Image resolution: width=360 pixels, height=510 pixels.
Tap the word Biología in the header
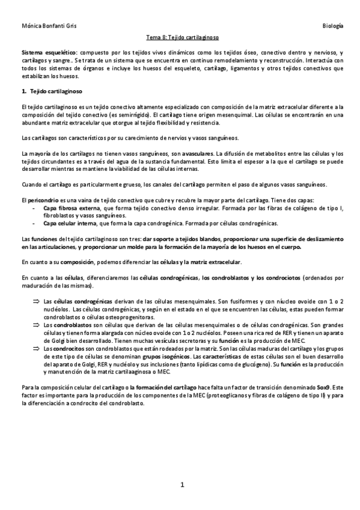(332, 26)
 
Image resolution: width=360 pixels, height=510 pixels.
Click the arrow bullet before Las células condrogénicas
(35, 299)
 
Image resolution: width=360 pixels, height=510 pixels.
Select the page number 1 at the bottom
(180, 484)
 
